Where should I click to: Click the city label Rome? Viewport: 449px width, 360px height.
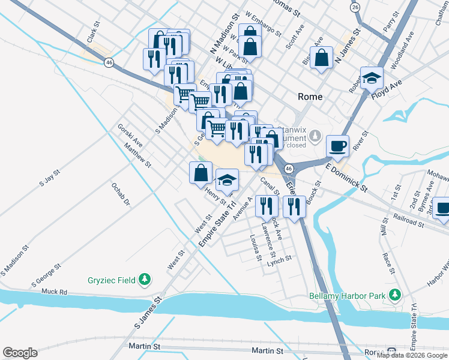(310, 97)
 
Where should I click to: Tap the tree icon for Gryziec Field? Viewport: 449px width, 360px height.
(144, 279)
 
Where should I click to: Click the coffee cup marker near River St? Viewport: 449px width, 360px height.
(337, 145)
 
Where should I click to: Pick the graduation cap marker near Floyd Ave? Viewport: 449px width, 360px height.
(372, 77)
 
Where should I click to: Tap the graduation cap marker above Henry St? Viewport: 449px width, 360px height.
(227, 179)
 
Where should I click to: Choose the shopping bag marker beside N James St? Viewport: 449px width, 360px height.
(322, 58)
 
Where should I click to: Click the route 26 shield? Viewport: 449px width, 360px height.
(355, 7)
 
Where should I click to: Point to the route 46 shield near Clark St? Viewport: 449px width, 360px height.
(109, 62)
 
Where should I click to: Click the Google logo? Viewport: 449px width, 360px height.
(20, 353)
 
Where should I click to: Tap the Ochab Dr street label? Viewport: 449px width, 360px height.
(120, 194)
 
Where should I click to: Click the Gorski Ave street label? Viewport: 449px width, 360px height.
(130, 136)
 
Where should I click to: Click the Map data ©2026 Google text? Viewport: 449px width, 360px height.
(412, 355)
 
